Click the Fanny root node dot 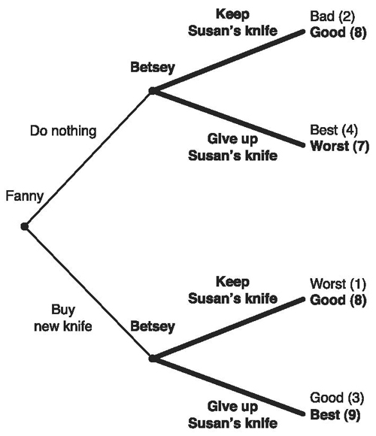(25, 226)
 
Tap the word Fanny (25, 197)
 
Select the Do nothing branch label (63, 131)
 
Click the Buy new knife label (63, 318)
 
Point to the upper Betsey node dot (152, 91)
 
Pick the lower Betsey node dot (152, 359)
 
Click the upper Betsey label (153, 68)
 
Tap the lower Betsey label (153, 326)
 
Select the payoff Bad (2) (332, 17)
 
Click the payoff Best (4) (334, 130)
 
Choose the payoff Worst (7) (340, 147)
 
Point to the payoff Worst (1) (338, 284)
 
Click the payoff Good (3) (337, 398)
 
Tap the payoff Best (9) (335, 415)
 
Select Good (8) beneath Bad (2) (338, 33)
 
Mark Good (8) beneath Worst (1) (338, 300)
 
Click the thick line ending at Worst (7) (229, 118)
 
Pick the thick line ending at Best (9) (229, 386)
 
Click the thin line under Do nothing (89, 159)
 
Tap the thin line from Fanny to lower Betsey (89, 293)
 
